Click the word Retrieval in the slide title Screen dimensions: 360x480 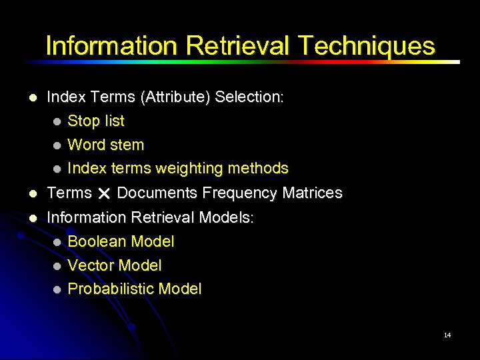click(x=237, y=46)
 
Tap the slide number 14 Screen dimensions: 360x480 click(x=447, y=335)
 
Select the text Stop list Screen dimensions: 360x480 click(x=96, y=121)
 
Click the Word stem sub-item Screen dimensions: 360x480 click(x=106, y=145)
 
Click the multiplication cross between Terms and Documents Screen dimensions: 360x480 click(x=104, y=194)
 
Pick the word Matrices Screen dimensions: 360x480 click(x=312, y=193)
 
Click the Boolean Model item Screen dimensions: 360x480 click(x=121, y=241)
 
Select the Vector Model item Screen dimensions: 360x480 click(x=115, y=265)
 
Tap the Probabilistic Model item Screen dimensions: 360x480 click(x=135, y=289)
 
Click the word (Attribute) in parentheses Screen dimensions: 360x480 click(x=175, y=97)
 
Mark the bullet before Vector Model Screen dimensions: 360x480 click(x=57, y=266)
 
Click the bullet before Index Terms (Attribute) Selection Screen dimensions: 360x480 click(x=33, y=97)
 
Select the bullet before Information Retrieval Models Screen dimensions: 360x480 click(x=33, y=218)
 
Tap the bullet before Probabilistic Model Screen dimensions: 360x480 click(x=57, y=289)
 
